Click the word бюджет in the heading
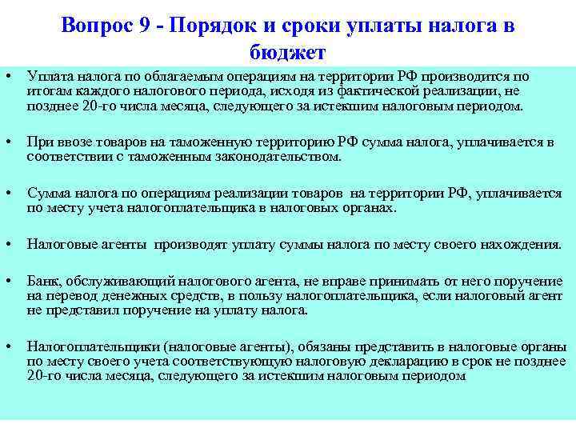pyautogui.click(x=287, y=53)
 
